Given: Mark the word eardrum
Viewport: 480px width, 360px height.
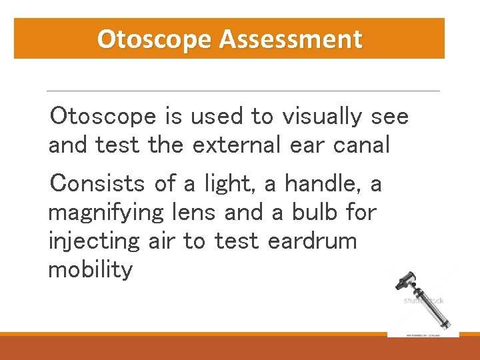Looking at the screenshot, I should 312,241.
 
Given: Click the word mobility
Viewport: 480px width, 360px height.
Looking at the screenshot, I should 90,270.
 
